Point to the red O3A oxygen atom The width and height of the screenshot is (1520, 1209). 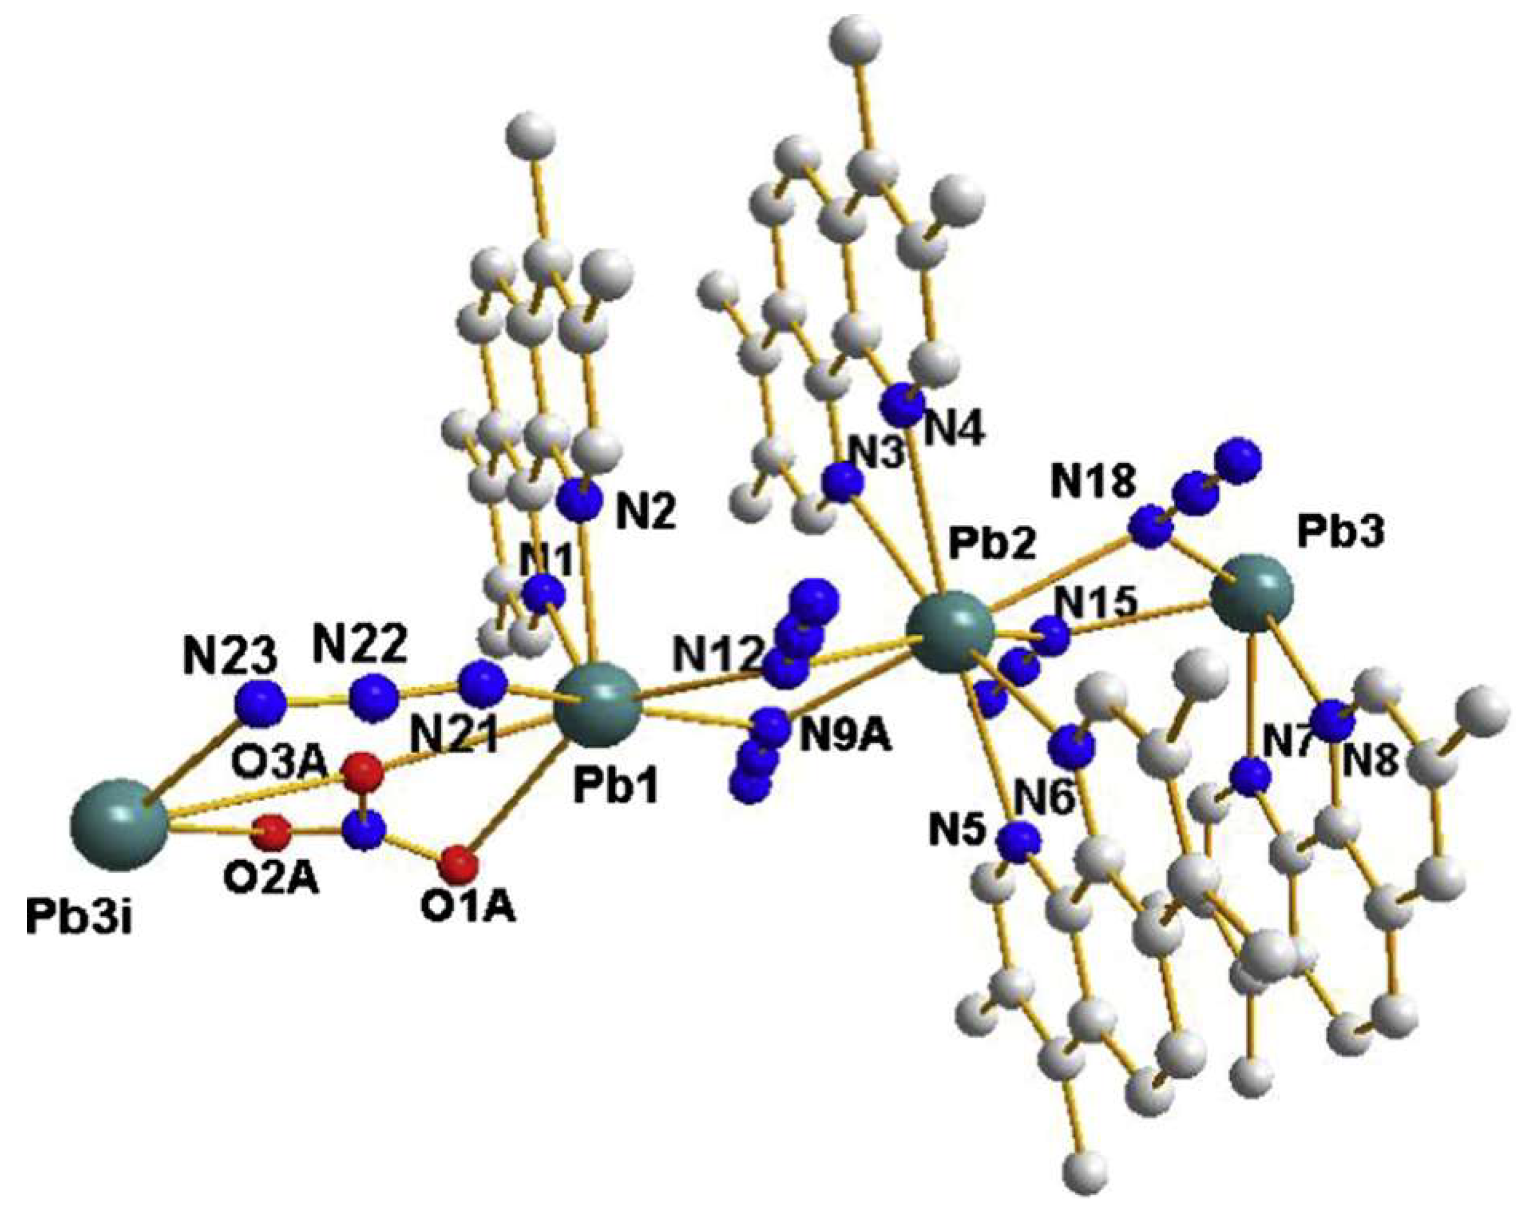point(365,771)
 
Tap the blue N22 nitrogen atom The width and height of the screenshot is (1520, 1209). point(374,698)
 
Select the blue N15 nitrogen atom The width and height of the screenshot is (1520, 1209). point(1052,636)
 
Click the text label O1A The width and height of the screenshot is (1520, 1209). point(468,907)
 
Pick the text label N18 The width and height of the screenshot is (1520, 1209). point(1094,483)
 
